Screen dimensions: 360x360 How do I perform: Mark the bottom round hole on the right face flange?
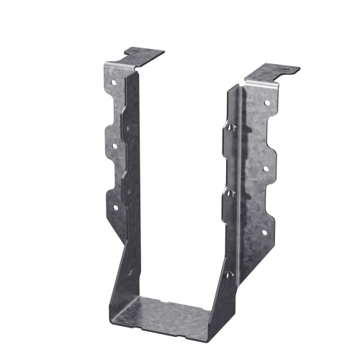click(264, 232)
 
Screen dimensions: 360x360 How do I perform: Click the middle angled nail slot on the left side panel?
click(128, 192)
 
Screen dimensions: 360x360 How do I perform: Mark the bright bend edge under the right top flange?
click(260, 86)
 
